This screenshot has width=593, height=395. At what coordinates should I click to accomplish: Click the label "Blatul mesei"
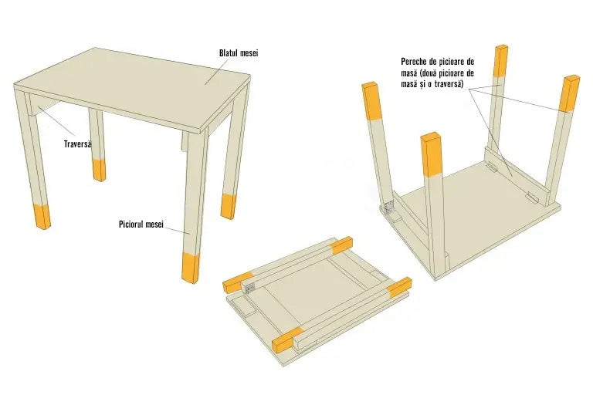point(239,53)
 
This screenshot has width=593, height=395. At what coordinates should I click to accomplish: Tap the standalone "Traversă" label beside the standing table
point(77,144)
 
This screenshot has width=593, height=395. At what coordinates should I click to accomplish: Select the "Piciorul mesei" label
point(141,225)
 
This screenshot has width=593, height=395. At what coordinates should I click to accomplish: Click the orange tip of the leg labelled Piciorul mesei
point(191,267)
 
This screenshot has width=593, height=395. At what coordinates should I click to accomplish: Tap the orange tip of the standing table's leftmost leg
point(42,216)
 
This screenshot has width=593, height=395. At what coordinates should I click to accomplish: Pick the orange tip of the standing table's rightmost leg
point(228,206)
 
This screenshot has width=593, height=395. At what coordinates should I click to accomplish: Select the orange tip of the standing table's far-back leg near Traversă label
point(99,170)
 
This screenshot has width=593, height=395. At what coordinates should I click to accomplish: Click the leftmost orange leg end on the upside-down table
point(371,100)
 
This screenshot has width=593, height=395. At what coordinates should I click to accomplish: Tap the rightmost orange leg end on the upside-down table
point(570,94)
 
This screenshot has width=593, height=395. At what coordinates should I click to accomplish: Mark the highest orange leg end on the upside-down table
point(501,60)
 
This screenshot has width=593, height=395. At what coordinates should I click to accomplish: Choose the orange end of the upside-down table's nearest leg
point(432,154)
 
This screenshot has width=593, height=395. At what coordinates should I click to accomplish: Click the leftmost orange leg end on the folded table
point(238,282)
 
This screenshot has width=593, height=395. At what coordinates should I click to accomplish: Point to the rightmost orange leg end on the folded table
point(399,286)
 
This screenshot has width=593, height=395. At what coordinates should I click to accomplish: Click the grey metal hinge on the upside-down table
point(388,207)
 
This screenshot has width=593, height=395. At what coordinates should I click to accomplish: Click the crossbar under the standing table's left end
point(43,104)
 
